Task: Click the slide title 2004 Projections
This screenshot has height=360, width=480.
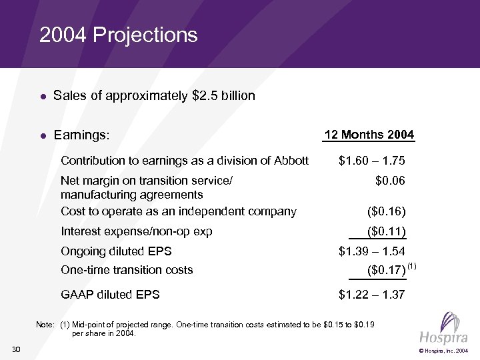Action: tap(119, 35)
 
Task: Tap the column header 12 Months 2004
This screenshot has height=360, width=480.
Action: tap(369, 135)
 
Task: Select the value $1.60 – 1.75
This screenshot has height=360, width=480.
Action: tap(371, 161)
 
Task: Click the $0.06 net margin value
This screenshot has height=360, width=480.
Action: tap(390, 180)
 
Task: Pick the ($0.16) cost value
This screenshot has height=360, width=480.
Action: tap(386, 212)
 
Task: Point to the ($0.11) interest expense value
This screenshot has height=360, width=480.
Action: tap(386, 232)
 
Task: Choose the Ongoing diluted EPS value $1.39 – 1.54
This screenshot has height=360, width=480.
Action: tap(371, 251)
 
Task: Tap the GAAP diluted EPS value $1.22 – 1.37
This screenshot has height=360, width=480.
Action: tap(371, 294)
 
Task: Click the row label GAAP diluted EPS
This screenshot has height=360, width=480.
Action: tap(110, 294)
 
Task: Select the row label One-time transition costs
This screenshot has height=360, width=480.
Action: tap(127, 270)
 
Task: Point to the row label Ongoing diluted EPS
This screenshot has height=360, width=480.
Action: tap(116, 251)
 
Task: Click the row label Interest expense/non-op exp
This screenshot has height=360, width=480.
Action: tap(136, 232)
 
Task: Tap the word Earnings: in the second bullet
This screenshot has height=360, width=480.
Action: tap(81, 135)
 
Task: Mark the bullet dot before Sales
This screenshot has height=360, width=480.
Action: tap(42, 97)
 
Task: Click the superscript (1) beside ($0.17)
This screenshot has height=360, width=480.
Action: tap(411, 267)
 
